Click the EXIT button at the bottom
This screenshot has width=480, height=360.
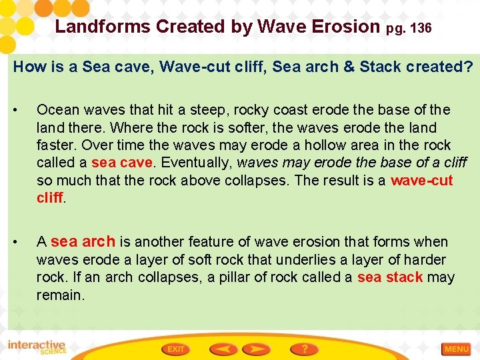click(x=177, y=349)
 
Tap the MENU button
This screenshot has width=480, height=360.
click(x=457, y=349)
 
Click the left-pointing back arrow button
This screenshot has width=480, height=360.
click(x=225, y=349)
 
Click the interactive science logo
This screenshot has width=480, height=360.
click(x=37, y=347)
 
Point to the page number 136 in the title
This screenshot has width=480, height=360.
click(x=422, y=29)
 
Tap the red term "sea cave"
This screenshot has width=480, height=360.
click(x=122, y=163)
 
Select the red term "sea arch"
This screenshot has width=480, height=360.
click(x=83, y=241)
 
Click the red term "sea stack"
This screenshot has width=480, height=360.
click(x=390, y=277)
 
